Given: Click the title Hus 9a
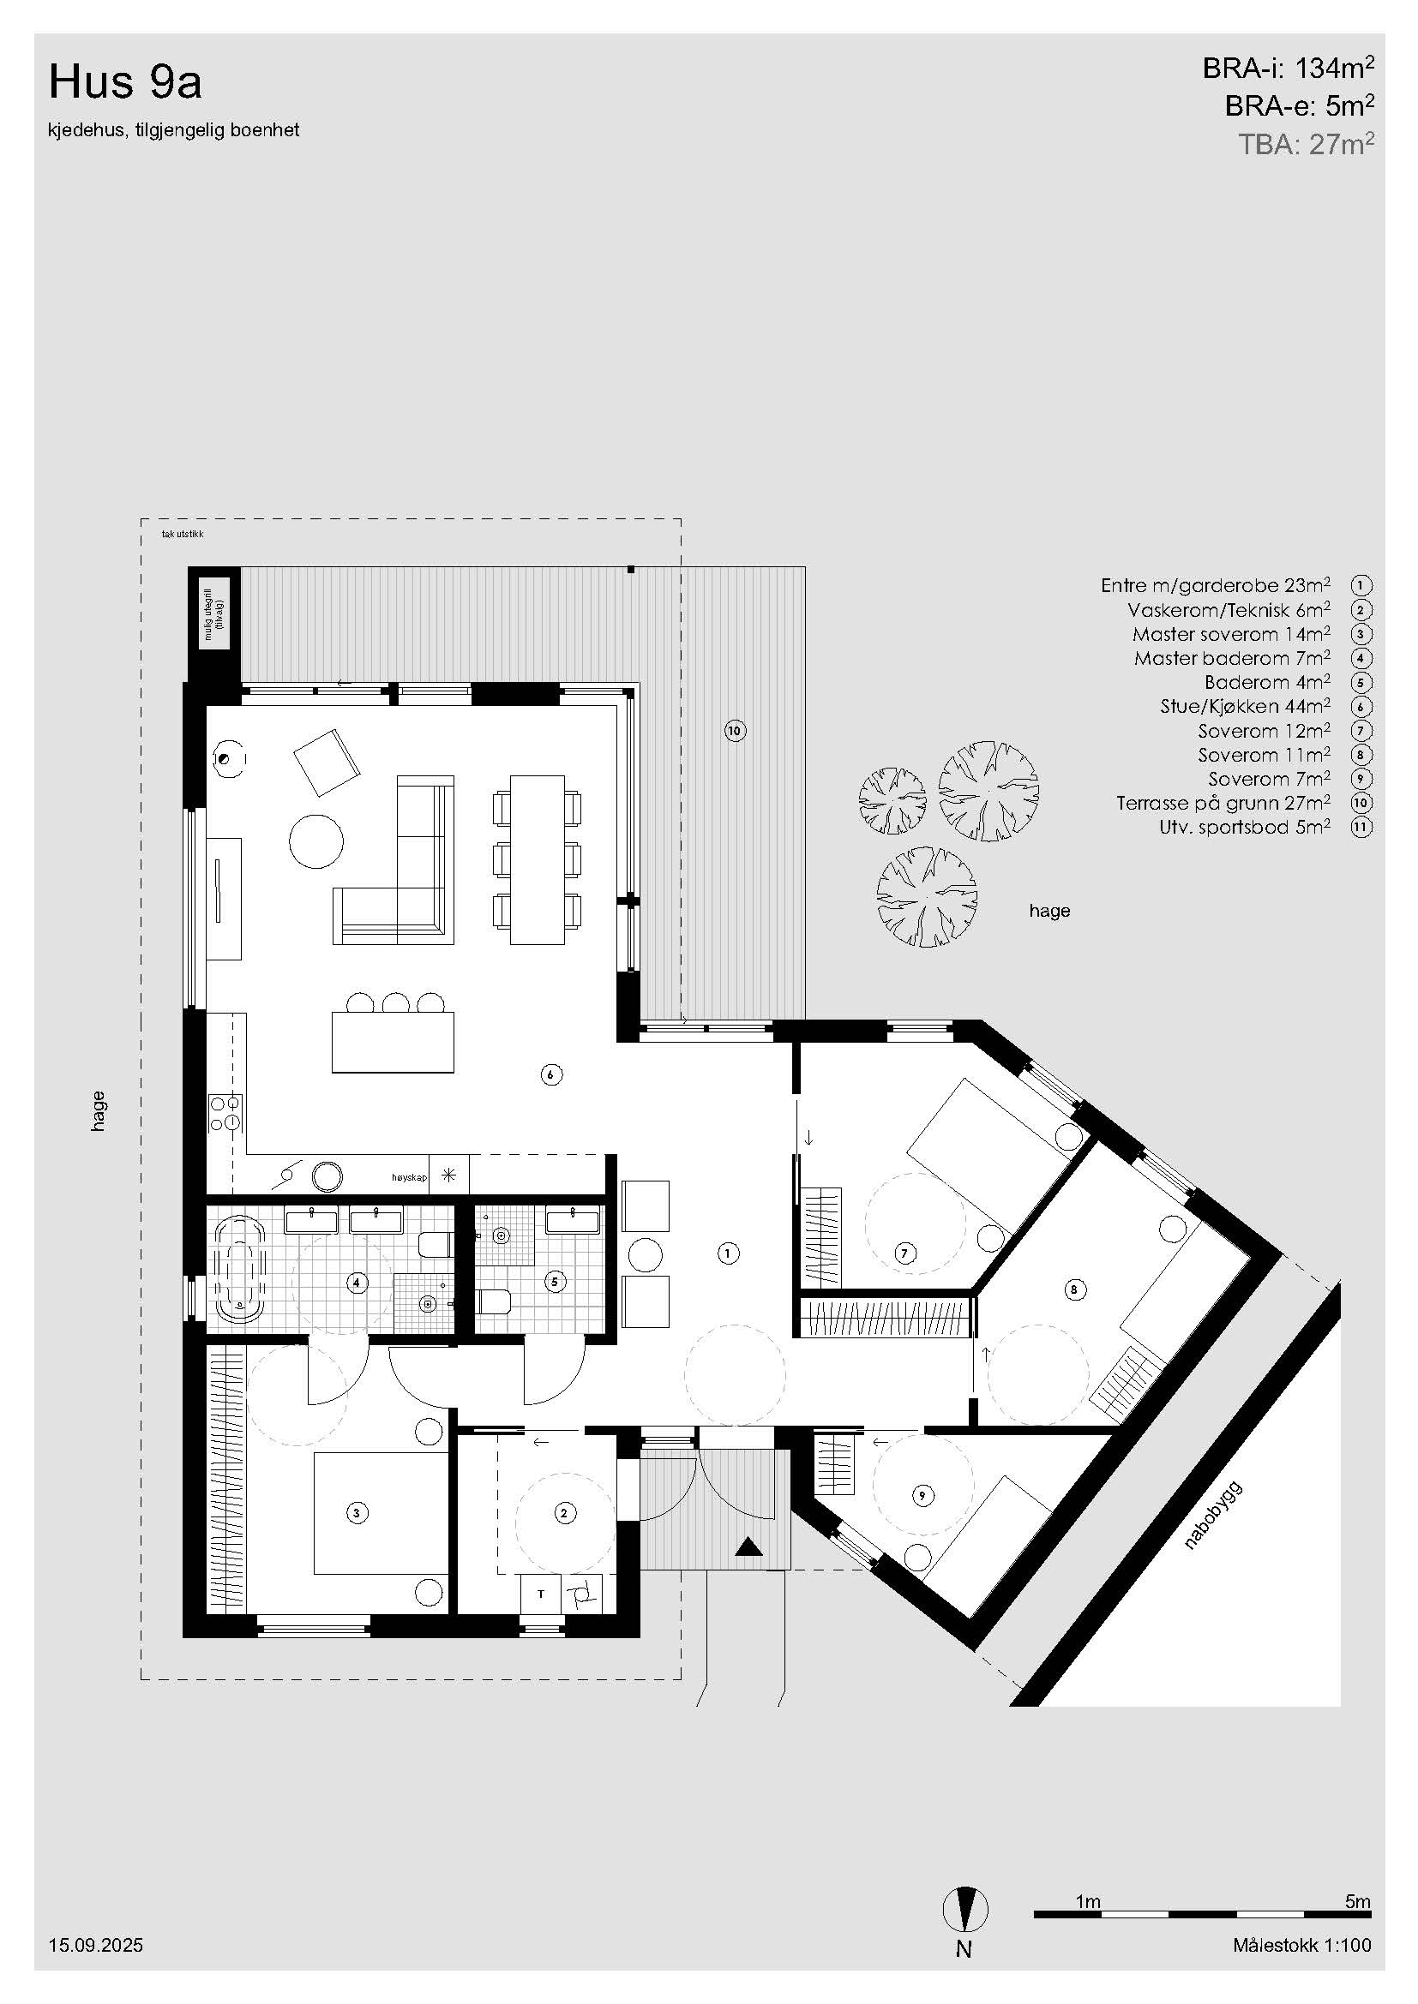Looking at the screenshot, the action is pyautogui.click(x=126, y=82).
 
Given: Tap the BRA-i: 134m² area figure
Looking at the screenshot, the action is pyautogui.click(x=1288, y=68).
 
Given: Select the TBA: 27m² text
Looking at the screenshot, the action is pyautogui.click(x=1307, y=144).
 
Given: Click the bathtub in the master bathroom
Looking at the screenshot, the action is pyautogui.click(x=238, y=1267).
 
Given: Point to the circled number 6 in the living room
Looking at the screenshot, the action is pyautogui.click(x=550, y=1074).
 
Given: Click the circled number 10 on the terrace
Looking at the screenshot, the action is pyautogui.click(x=736, y=731).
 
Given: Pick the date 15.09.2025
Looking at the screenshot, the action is pyautogui.click(x=96, y=1945).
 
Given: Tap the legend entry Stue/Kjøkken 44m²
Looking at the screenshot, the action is pyautogui.click(x=1245, y=706).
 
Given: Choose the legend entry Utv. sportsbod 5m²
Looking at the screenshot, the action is pyautogui.click(x=1245, y=827).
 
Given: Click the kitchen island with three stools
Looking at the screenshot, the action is pyautogui.click(x=393, y=1041).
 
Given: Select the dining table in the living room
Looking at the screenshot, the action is pyautogui.click(x=537, y=858).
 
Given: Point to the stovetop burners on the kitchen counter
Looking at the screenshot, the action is pyautogui.click(x=225, y=1113).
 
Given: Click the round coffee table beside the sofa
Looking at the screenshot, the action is pyautogui.click(x=316, y=840).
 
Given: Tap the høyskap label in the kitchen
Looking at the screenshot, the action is pyautogui.click(x=409, y=1177).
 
